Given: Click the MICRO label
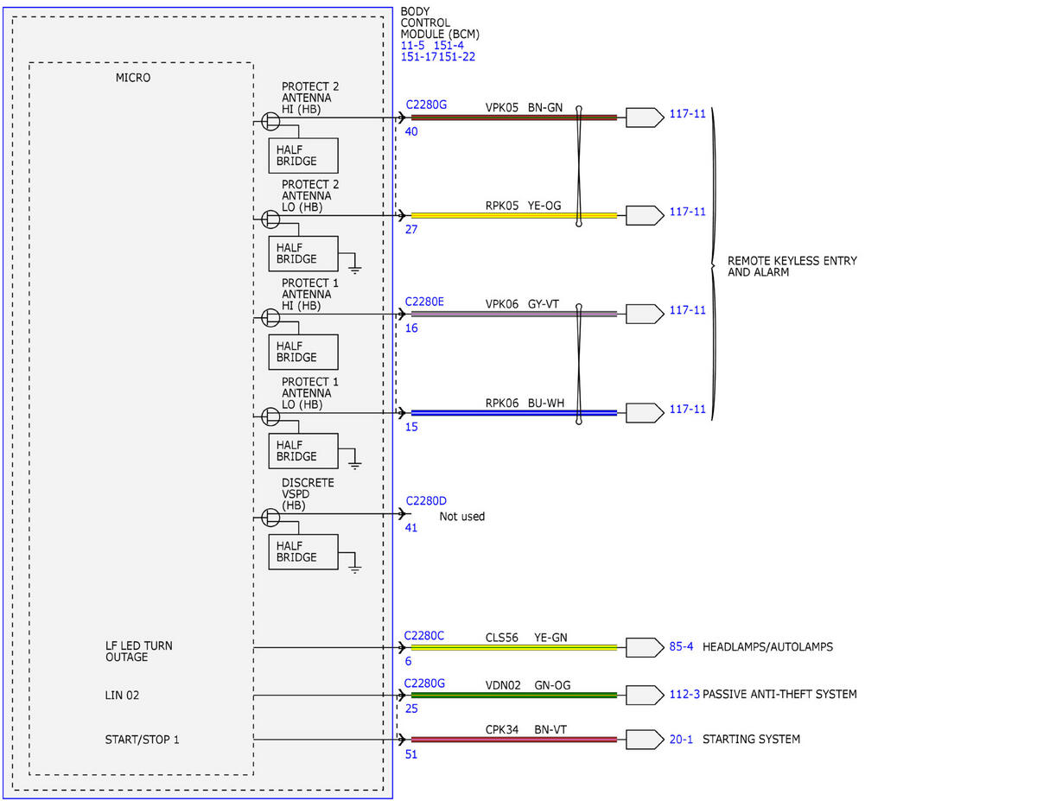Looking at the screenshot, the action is coord(133,78).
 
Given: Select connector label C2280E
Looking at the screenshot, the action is coord(424,302).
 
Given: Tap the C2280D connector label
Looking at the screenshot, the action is coord(426,500).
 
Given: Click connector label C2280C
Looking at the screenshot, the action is coord(423,635).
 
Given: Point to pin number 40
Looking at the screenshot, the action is coord(410,131).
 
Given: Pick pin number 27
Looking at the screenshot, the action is coord(410,230).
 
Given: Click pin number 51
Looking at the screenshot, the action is coord(410,754).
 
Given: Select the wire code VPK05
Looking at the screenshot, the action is coord(501,108).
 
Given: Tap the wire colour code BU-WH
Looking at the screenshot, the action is coord(546,404).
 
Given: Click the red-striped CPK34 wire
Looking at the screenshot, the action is coord(514,740).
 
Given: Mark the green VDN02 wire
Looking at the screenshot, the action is coord(514,695).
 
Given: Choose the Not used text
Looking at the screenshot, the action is coord(462,516).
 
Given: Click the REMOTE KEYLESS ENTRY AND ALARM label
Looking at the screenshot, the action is coord(792,266).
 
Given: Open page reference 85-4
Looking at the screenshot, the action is coord(681,646).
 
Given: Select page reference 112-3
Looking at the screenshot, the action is coord(684,694).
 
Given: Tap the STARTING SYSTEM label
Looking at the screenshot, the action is coord(751,739).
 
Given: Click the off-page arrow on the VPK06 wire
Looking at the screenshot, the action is coord(645,314).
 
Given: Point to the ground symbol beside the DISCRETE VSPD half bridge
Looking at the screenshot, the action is coord(354,569).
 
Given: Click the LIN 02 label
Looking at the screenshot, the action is coord(122,695).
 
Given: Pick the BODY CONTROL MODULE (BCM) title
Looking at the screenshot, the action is coord(440,23).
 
